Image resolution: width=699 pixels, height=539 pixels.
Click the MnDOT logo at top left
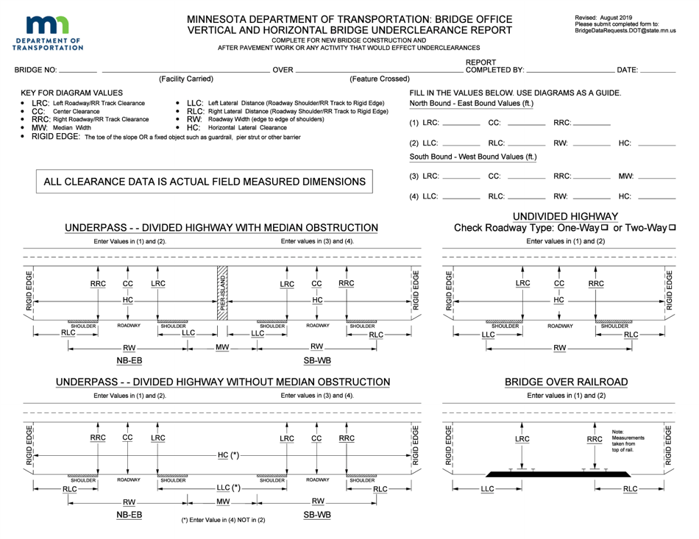point(47,33)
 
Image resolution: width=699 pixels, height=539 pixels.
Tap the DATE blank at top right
point(658,71)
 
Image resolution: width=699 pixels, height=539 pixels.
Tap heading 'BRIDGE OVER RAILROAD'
point(566,382)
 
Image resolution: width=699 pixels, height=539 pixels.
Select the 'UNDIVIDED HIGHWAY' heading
point(565,216)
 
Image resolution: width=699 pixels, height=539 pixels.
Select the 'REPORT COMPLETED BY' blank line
point(570,71)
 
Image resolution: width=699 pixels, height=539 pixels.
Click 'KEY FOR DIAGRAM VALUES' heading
point(72,93)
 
